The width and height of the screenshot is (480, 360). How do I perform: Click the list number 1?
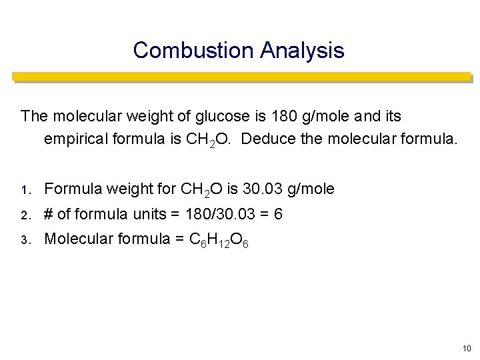[x=25, y=191]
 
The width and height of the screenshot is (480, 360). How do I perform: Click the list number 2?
[x=25, y=215]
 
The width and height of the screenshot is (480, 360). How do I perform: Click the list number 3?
[x=25, y=239]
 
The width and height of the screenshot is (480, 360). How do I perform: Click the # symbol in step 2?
[x=49, y=214]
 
